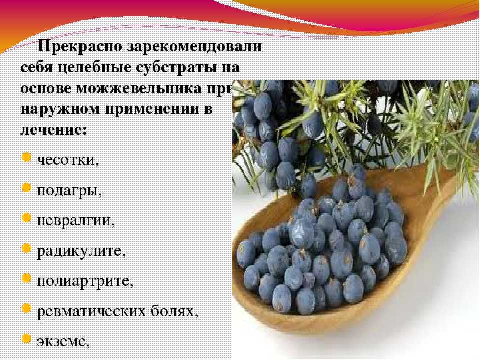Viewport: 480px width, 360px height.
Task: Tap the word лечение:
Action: coord(54,130)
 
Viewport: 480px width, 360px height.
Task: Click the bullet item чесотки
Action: coord(68,160)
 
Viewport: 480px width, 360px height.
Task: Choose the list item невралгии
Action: coord(76,220)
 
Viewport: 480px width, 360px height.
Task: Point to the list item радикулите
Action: coord(81,251)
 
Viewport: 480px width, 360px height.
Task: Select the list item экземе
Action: coord(63,342)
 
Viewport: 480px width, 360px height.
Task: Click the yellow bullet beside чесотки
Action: coord(27,157)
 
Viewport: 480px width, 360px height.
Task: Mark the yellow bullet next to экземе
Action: coord(27,338)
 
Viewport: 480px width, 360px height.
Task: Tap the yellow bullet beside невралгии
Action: coord(27,218)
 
